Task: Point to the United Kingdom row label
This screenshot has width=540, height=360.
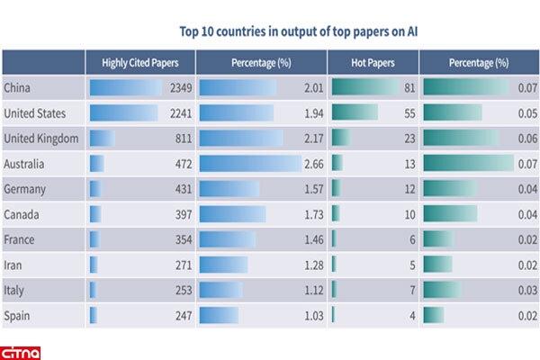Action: tap(41, 139)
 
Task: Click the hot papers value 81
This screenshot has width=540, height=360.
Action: tap(408, 87)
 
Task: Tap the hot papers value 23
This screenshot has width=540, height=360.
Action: tap(408, 139)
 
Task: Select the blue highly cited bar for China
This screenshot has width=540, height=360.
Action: tap(124, 87)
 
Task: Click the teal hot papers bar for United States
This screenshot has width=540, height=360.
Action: tap(355, 113)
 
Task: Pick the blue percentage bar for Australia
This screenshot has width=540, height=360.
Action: tap(249, 165)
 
